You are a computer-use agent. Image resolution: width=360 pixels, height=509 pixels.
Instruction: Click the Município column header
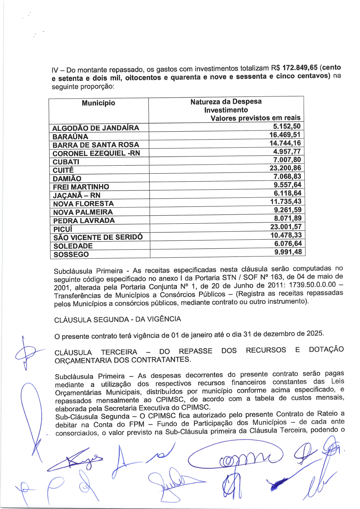point(98,103)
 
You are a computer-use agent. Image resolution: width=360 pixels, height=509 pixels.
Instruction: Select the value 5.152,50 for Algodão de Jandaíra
point(287,127)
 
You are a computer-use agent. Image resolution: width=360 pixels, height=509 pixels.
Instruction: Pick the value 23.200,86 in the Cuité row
point(285,168)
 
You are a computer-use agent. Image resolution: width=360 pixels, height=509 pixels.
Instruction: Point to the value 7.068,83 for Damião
point(287,177)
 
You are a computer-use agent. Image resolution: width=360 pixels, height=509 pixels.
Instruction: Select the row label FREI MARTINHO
point(81,187)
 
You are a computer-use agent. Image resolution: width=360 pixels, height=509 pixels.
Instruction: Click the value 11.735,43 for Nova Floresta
point(285,202)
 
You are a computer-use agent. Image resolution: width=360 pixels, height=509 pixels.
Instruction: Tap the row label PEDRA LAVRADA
point(84,220)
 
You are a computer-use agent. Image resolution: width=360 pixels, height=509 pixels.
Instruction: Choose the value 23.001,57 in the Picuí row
point(285,227)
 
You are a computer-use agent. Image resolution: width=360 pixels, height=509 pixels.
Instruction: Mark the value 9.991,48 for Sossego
point(287,252)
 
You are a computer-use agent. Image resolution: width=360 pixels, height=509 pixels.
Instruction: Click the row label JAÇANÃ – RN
point(76,196)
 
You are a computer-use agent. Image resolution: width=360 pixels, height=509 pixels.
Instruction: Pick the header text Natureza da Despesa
point(226,102)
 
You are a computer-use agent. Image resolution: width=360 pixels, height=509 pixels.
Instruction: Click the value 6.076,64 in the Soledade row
point(287,244)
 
